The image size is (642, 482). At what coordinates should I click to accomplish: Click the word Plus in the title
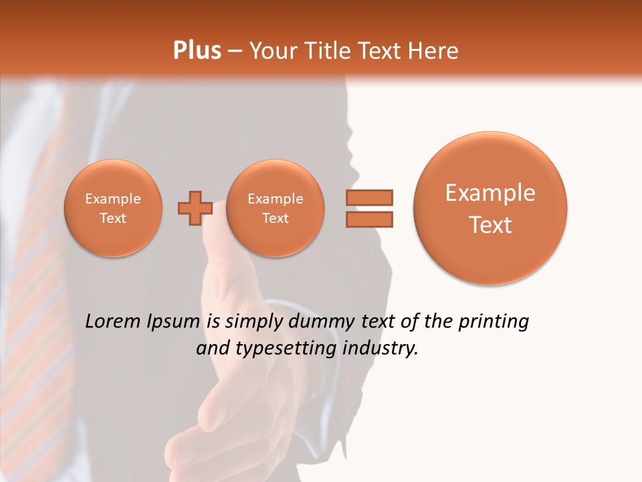[x=197, y=51]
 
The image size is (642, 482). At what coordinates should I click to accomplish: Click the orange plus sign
[x=195, y=208]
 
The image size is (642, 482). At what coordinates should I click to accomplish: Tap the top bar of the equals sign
[x=368, y=197]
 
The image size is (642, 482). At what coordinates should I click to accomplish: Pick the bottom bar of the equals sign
[x=368, y=219]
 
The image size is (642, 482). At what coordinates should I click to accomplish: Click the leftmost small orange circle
[x=113, y=208]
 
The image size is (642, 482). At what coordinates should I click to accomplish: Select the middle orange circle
[x=275, y=208]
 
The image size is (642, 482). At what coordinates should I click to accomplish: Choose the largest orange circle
[x=490, y=208]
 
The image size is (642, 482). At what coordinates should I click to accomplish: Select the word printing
[x=494, y=322]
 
